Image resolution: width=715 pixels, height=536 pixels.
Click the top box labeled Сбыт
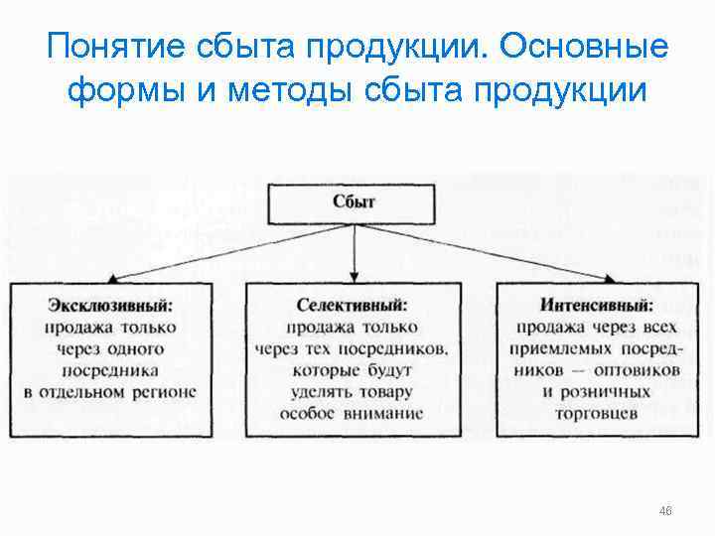click(x=355, y=201)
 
